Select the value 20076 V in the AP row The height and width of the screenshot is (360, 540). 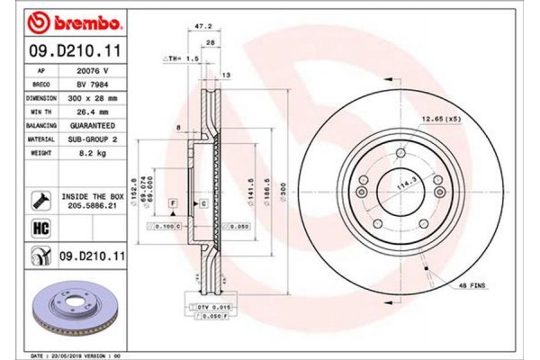pyautogui.click(x=85, y=68)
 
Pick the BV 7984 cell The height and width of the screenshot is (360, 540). pyautogui.click(x=85, y=83)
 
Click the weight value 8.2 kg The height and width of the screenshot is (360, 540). pyautogui.click(x=85, y=154)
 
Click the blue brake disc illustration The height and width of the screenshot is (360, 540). pyautogui.click(x=67, y=311)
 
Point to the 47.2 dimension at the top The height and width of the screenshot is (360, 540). pyautogui.click(x=205, y=28)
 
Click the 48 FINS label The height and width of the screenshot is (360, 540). pyautogui.click(x=472, y=285)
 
